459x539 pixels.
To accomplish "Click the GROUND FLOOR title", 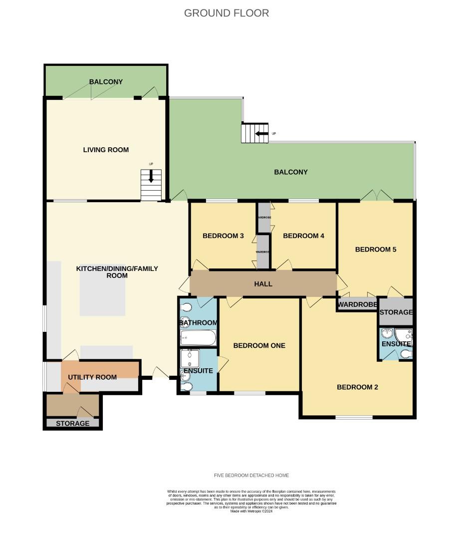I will click(227, 13).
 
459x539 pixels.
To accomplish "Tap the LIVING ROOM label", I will click(106, 150).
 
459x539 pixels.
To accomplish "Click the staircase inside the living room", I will click(151, 185).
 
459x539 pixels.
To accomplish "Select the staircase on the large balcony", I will click(255, 133).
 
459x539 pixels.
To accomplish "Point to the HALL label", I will click(263, 284).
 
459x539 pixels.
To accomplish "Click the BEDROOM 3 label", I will click(223, 236).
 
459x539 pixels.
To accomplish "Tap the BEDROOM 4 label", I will click(303, 236).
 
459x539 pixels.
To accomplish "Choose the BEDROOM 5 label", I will click(375, 250).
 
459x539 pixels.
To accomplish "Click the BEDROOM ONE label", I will click(259, 345).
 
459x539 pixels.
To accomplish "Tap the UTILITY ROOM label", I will click(92, 377).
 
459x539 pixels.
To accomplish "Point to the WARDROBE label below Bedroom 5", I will click(357, 304).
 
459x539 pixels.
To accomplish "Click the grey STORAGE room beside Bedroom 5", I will click(396, 312).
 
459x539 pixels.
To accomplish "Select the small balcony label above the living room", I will click(106, 82).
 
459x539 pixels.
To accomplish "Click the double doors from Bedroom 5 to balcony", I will click(377, 196).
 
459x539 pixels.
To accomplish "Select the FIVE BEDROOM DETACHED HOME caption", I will click(251, 476).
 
